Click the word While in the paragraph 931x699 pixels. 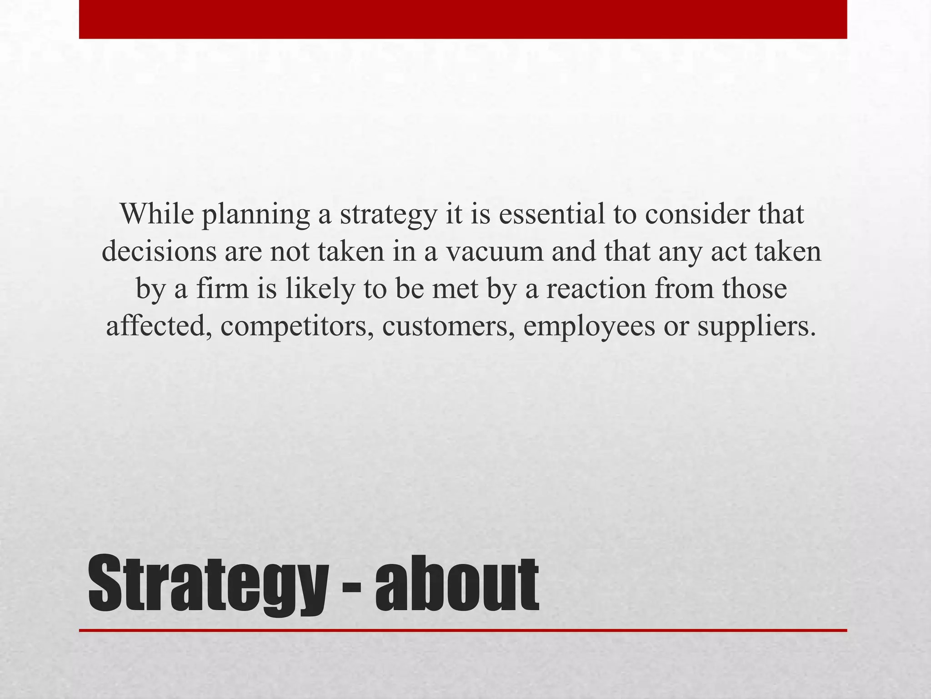coord(157,213)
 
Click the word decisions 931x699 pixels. coord(159,251)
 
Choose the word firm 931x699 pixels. coord(222,289)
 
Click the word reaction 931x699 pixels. coord(596,289)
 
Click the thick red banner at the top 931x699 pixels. coord(463,19)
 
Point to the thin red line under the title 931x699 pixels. coord(463,630)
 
